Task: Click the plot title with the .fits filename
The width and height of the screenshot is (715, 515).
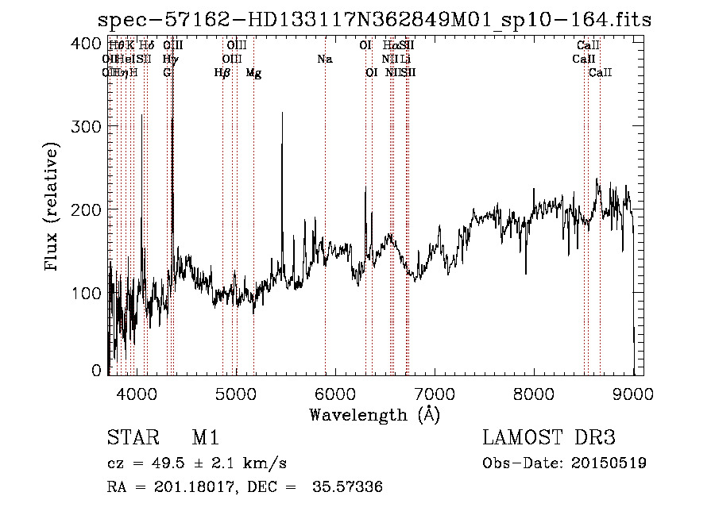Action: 374,20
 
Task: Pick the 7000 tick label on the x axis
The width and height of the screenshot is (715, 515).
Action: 434,392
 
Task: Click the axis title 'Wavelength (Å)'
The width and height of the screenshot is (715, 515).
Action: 374,413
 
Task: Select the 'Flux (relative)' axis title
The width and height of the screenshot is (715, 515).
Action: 52,208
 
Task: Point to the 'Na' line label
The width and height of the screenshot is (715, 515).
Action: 324,59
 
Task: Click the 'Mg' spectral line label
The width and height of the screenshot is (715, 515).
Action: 253,73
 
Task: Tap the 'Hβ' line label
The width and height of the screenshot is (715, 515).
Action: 222,73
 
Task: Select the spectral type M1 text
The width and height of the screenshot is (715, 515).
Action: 205,438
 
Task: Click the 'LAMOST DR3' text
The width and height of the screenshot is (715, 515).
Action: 549,438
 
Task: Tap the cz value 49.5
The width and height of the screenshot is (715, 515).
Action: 177,463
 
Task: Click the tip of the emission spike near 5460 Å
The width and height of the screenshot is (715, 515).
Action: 282,113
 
